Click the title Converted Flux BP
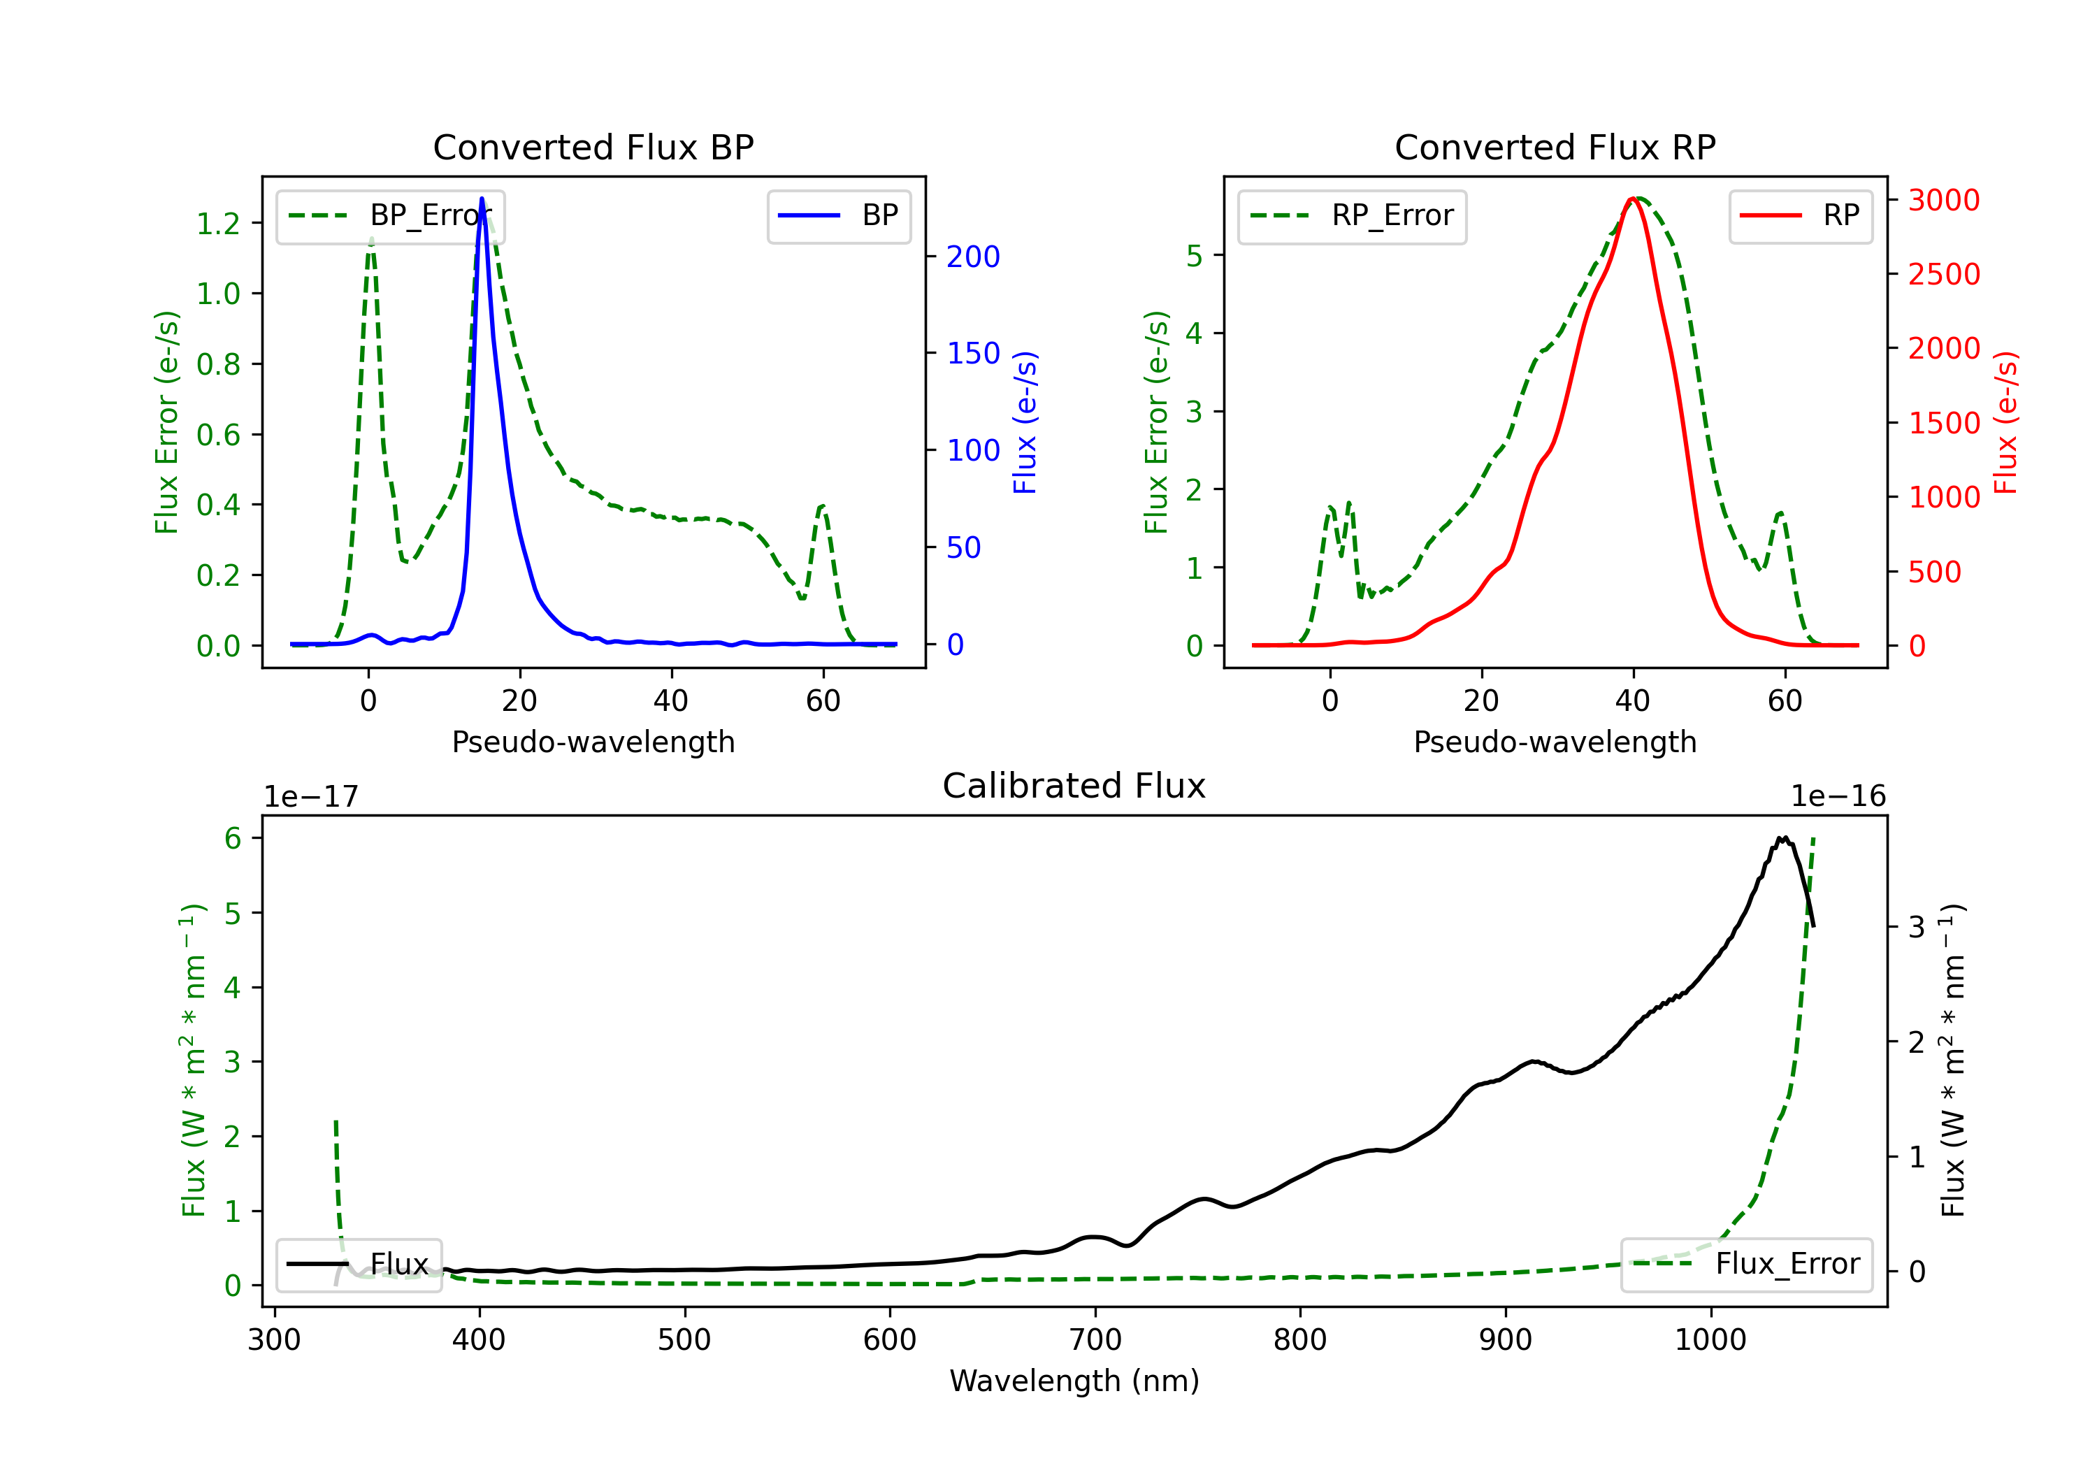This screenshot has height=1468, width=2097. (593, 147)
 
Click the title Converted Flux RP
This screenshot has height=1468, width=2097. (1555, 147)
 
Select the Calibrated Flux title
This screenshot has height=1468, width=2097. (1074, 786)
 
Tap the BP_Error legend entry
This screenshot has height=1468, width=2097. (390, 215)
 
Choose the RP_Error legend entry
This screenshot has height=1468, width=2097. (1352, 215)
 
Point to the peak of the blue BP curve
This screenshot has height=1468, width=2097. (482, 199)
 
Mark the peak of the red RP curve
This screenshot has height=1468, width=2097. (1632, 199)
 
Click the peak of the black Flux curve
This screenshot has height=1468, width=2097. (1782, 837)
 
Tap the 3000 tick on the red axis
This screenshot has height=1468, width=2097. (1943, 200)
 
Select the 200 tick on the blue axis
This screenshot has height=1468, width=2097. (973, 257)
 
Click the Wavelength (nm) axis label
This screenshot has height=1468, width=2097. (1074, 1381)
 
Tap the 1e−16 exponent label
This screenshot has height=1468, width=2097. (1838, 797)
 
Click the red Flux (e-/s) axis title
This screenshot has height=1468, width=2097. (2005, 422)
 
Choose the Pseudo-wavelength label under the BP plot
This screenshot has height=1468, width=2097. (593, 742)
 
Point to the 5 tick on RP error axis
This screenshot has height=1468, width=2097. (1194, 256)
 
